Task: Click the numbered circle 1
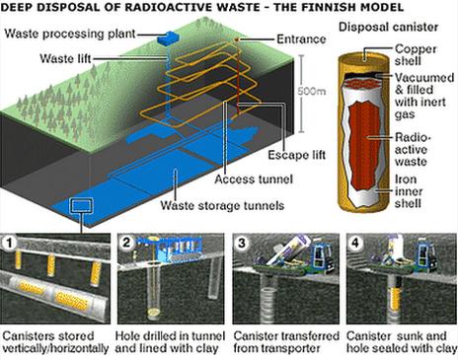pyautogui.click(x=10, y=240)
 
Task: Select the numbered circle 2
pyautogui.click(x=126, y=240)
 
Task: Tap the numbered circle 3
pyautogui.click(x=241, y=240)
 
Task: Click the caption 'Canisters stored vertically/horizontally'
pyautogui.click(x=55, y=341)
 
